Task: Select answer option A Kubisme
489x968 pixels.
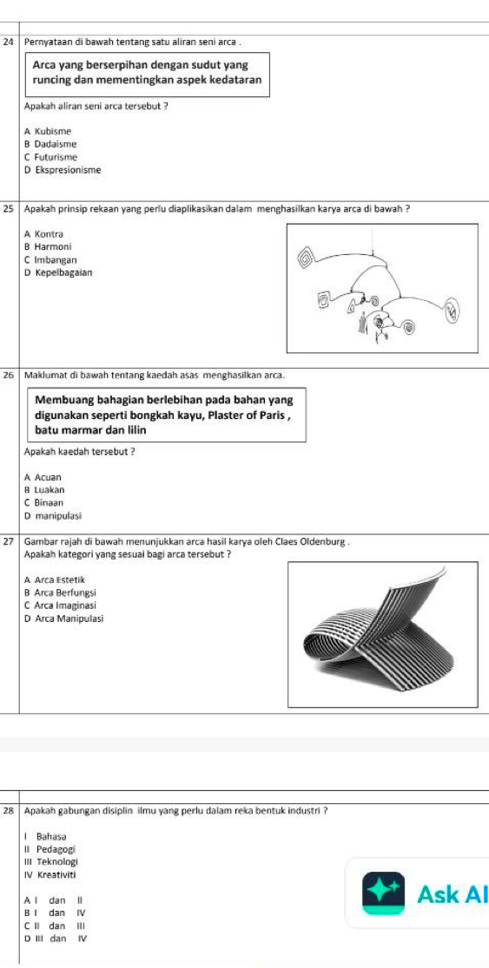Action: [x=47, y=131]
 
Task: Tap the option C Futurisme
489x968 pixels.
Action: [x=50, y=156]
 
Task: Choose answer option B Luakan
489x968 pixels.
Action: [x=43, y=489]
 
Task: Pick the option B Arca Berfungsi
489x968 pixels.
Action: [x=56, y=592]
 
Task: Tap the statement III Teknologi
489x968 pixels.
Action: [x=51, y=861]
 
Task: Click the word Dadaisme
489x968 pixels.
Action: [x=55, y=143]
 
